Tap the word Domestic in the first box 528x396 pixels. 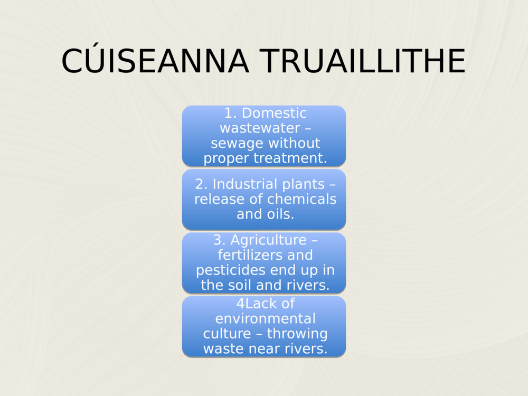point(274,113)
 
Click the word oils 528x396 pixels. point(280,214)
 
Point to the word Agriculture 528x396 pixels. point(268,240)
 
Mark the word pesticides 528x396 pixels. point(230,270)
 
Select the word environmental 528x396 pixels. point(265,319)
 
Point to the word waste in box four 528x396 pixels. point(223,349)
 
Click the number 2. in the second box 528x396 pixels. point(202,184)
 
